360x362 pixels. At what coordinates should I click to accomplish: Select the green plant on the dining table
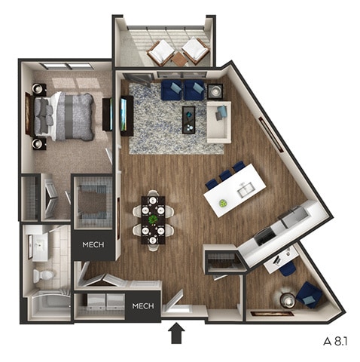(153, 219)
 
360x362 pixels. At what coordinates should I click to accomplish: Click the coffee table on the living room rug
(188, 119)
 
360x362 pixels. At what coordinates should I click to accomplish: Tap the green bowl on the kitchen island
(223, 204)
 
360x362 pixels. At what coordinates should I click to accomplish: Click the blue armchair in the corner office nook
(309, 294)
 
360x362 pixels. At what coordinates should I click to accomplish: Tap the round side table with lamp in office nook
(288, 299)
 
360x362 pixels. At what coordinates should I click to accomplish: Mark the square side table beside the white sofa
(215, 91)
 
